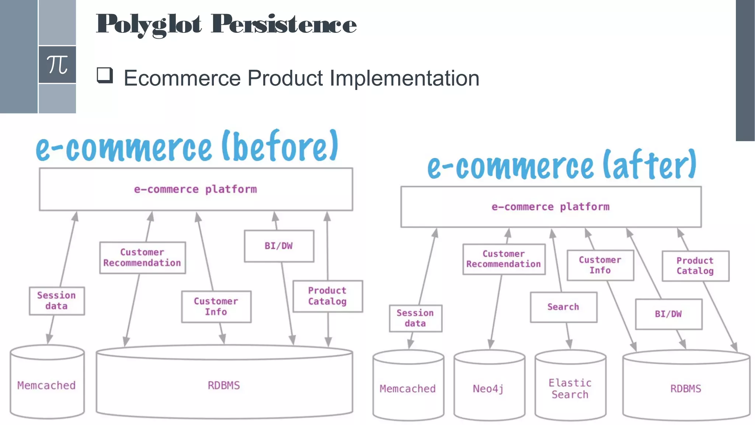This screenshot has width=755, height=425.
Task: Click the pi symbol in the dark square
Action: pos(57,65)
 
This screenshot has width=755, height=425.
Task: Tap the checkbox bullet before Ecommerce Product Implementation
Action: pos(105,75)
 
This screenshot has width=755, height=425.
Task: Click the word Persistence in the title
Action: pos(283,24)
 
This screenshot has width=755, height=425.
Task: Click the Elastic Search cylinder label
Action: pos(570,388)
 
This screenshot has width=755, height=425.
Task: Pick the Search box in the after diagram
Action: pos(563,307)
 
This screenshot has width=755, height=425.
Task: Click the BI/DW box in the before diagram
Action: pos(279,246)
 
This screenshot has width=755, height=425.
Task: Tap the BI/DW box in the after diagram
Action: pos(668,314)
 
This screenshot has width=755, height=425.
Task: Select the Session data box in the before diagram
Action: pos(56,301)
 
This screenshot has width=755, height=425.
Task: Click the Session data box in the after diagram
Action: pos(415,318)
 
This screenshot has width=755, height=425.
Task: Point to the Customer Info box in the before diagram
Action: pos(216,307)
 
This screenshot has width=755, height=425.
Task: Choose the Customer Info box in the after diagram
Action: pos(600,265)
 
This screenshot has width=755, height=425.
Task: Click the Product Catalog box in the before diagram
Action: pos(327,296)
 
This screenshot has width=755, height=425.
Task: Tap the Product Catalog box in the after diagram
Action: pos(695,266)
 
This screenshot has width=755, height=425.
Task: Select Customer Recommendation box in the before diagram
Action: pos(142,258)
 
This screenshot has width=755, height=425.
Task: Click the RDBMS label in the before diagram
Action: pos(224,385)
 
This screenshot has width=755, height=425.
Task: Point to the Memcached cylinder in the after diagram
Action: pos(408,388)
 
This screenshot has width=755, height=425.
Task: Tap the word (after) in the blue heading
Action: pos(650,165)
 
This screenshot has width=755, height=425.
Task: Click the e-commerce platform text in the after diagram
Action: pos(550,207)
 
